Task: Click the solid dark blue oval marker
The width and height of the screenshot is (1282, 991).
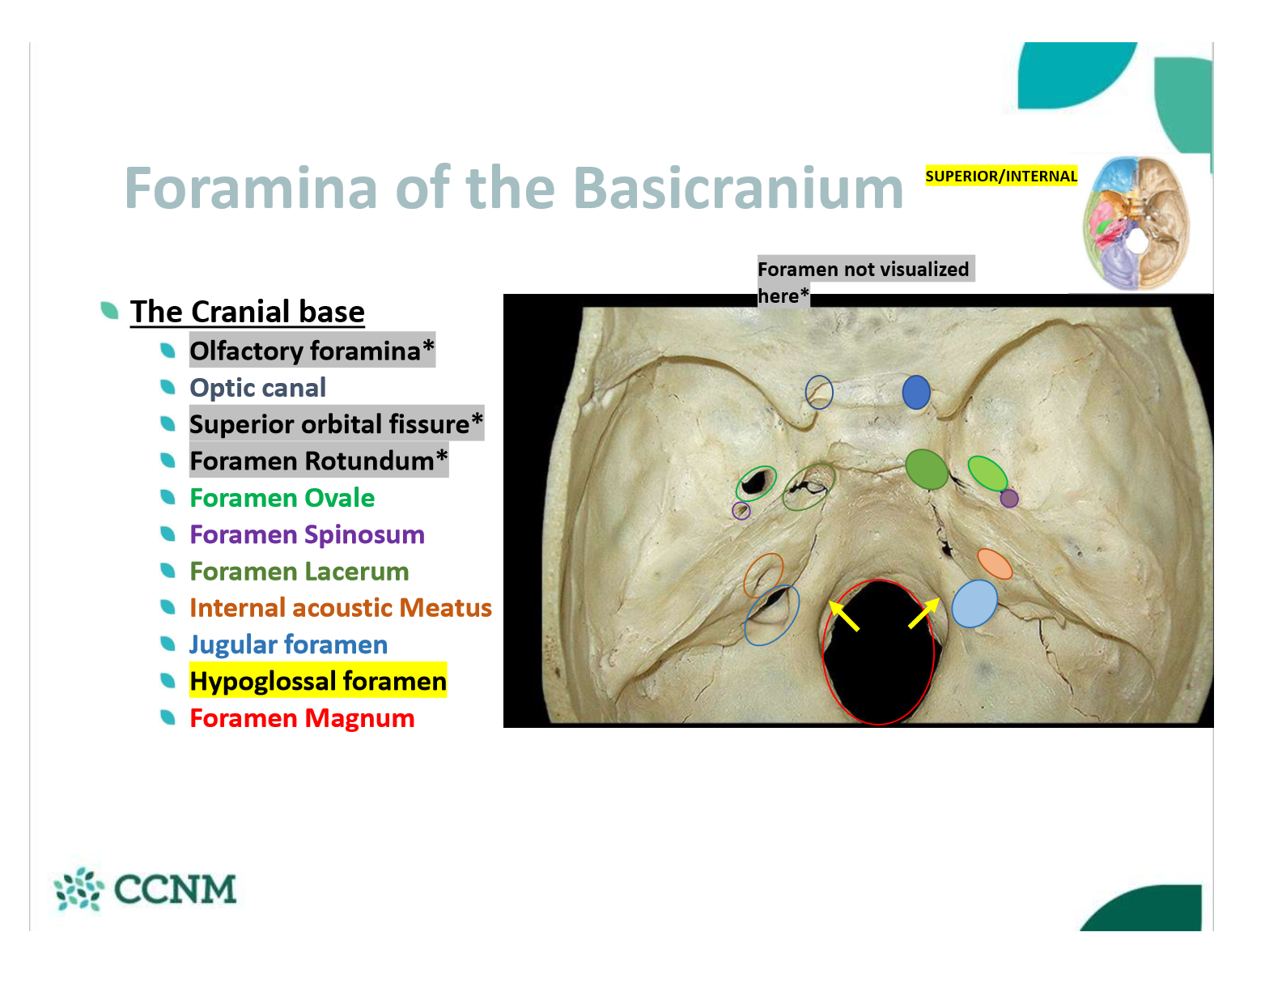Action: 915,393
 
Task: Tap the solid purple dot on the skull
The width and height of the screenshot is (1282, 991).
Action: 1008,499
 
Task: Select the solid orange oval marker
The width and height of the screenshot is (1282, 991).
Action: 995,564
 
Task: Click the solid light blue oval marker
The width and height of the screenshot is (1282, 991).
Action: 974,603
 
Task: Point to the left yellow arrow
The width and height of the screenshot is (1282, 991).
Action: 843,615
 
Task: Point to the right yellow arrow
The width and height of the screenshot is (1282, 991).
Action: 924,613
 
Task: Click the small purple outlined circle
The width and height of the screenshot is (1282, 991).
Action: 741,511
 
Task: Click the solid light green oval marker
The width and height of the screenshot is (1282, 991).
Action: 987,474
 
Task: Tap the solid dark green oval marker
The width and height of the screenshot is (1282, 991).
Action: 926,470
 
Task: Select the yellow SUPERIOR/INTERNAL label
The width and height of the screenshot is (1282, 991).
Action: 1001,176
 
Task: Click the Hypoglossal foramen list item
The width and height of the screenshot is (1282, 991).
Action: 317,681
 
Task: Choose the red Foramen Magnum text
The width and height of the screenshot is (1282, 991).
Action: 302,718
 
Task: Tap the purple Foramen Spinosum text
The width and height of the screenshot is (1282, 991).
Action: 307,534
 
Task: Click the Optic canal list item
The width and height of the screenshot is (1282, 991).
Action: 257,388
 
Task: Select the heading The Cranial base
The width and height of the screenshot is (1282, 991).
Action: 247,311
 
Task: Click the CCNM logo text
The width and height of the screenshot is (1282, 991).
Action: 175,890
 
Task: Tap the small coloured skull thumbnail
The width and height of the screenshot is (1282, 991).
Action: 1136,223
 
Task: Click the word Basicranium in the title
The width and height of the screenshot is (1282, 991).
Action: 738,188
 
